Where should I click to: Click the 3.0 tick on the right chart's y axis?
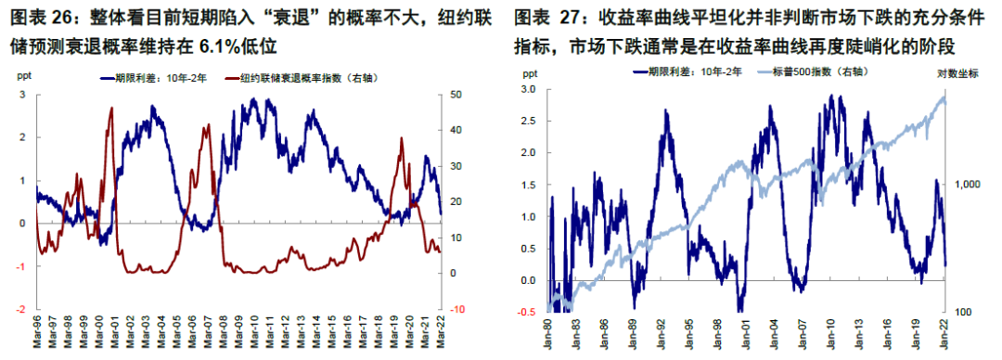[528, 89]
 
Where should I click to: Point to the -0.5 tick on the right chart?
[526, 313]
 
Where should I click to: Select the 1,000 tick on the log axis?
[967, 185]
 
